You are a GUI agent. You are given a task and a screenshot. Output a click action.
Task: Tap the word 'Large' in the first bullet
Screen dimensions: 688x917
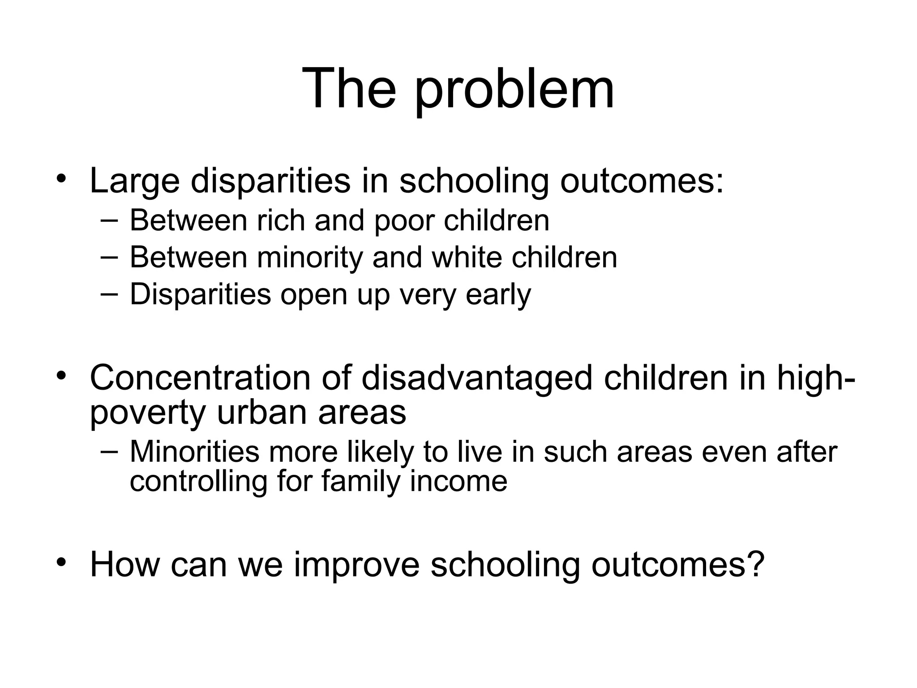(134, 181)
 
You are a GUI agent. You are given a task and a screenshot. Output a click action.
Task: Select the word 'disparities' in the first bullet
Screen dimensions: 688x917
(270, 181)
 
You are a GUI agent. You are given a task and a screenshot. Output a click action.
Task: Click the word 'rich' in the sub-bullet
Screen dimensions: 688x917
(281, 220)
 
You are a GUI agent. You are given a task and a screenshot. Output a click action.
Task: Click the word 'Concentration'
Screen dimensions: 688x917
(200, 378)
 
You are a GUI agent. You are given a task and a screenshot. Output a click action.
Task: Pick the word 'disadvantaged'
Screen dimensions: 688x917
(477, 379)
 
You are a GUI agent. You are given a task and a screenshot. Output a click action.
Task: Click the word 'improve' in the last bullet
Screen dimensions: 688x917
(356, 565)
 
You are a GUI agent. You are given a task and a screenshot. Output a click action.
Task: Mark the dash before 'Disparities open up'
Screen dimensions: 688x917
(109, 293)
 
